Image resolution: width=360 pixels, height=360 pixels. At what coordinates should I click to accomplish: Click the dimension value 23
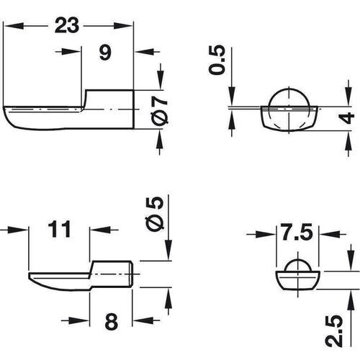tap(67, 26)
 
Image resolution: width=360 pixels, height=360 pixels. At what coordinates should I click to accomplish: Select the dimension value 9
tap(105, 53)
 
